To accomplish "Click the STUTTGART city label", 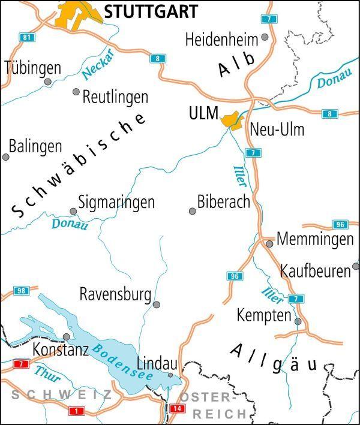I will click(151, 11).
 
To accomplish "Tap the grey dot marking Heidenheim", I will click(265, 37).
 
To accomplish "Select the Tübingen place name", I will click(33, 68).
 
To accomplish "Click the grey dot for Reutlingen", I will click(76, 92).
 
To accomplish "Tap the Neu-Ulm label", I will click(277, 129).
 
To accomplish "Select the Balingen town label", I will click(35, 146).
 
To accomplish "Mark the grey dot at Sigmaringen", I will click(73, 211).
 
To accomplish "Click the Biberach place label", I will click(223, 201).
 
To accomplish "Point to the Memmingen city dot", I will click(270, 244).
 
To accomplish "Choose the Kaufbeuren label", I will click(315, 271).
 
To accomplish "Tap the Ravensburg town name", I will click(115, 294).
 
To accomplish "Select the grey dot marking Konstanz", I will click(66, 337).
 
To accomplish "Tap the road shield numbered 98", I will click(21, 291).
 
